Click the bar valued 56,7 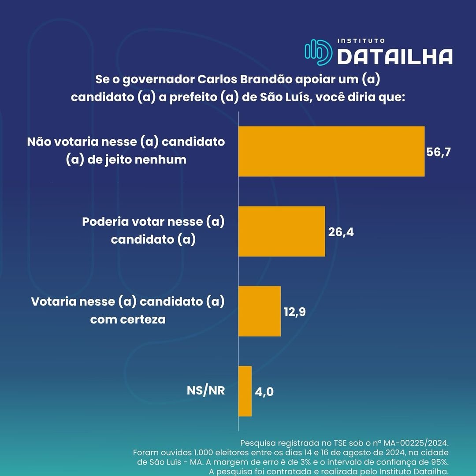331,151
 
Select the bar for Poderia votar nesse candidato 282,231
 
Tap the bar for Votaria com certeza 260,311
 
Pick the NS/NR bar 245,391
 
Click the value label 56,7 439,152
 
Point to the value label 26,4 341,232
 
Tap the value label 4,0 264,391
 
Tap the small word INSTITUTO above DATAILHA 361,41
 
